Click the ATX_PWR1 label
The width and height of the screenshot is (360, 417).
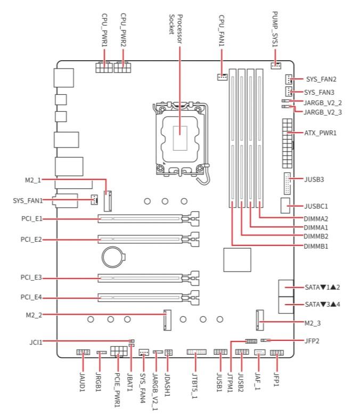point(320,132)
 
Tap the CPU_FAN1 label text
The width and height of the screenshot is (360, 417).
point(222,30)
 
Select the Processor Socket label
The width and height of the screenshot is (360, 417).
point(175,24)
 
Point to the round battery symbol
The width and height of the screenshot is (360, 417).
point(113,258)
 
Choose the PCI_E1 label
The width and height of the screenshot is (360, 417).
point(31,218)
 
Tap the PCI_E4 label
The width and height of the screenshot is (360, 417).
point(31,297)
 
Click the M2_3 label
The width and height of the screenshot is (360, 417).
point(313,323)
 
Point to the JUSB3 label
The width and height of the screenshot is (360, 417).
point(314,179)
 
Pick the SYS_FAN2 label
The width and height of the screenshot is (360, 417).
point(320,79)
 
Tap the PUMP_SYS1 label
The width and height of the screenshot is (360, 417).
point(275,29)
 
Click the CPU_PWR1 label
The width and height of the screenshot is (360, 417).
point(104,30)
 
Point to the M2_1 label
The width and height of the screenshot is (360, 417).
point(32,180)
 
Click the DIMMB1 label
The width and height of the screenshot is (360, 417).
point(316,246)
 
